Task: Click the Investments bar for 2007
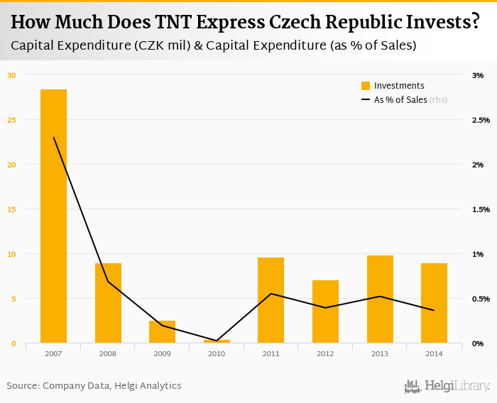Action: (x=53, y=216)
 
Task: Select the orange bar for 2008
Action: (x=108, y=303)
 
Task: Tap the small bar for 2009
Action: (x=162, y=332)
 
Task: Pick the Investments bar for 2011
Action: (x=271, y=300)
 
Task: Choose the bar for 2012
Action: (x=325, y=311)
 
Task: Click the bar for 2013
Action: (x=379, y=299)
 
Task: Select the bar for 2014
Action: (x=434, y=303)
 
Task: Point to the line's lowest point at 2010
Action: (x=217, y=341)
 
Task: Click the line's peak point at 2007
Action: (x=54, y=138)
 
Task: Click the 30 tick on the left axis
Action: (x=11, y=75)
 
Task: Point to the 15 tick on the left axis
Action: (x=11, y=209)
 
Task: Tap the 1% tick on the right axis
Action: (x=478, y=254)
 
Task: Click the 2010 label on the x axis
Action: (x=217, y=353)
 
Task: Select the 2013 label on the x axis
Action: (x=379, y=353)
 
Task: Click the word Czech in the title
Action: (x=300, y=22)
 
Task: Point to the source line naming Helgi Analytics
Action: (x=94, y=386)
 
